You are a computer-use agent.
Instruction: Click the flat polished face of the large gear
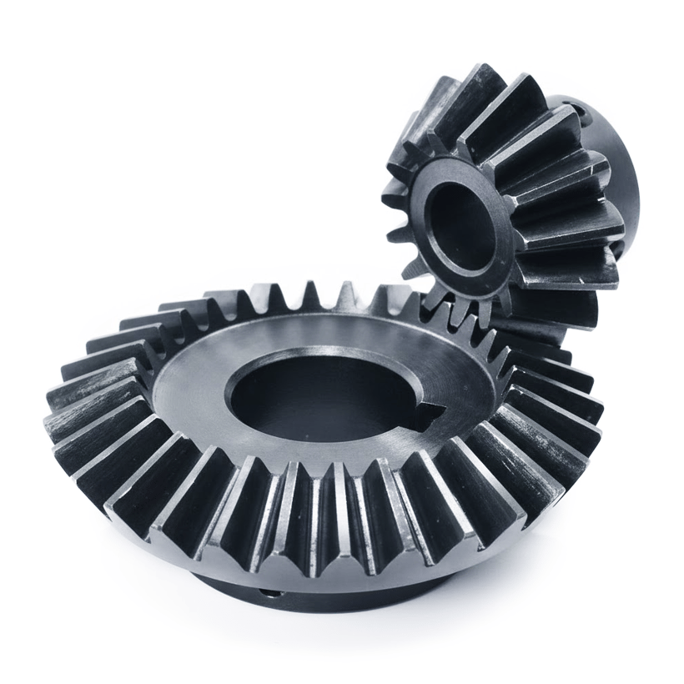tap(209, 375)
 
